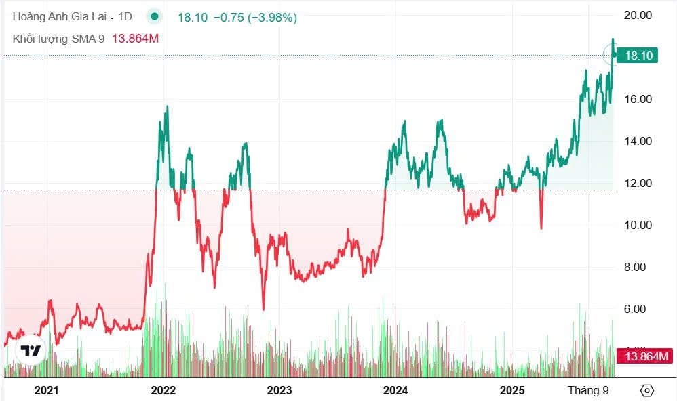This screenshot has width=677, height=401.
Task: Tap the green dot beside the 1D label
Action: click(x=155, y=18)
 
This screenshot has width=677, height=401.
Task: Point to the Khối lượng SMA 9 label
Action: click(x=58, y=39)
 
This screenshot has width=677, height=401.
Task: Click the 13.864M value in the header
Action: click(x=134, y=39)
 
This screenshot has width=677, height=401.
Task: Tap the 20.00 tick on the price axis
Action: click(x=637, y=15)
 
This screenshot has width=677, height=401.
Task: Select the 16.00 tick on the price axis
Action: click(x=637, y=99)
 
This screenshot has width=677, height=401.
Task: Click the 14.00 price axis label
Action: click(x=637, y=141)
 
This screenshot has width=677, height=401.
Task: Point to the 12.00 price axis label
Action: click(x=637, y=183)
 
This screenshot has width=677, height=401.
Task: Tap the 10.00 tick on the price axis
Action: click(x=637, y=225)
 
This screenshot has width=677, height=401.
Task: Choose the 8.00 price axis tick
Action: click(x=637, y=267)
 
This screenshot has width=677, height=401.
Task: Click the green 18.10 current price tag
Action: click(x=638, y=56)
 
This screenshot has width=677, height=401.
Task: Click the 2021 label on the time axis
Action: click(x=46, y=390)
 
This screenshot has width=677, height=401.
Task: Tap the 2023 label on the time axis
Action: click(x=279, y=390)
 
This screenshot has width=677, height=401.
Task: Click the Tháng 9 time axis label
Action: click(x=587, y=390)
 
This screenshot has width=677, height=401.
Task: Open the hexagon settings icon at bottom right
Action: click(x=646, y=390)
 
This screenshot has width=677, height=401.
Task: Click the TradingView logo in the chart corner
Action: click(x=30, y=351)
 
